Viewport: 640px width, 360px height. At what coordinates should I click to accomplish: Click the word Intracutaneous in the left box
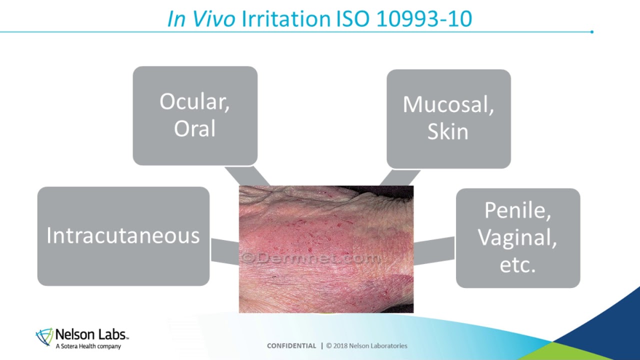123,235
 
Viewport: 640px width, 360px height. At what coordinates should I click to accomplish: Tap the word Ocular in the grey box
194,102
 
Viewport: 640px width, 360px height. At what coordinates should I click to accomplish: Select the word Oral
194,128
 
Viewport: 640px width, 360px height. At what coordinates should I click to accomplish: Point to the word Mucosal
447,104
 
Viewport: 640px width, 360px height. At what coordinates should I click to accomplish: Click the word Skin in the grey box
447,131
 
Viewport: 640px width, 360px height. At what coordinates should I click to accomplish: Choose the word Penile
517,211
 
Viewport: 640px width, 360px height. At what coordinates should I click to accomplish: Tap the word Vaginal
517,237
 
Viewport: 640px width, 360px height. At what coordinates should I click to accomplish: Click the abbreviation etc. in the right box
517,264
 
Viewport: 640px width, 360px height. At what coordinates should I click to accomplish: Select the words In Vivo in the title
201,19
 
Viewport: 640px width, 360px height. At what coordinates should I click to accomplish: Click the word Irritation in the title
286,19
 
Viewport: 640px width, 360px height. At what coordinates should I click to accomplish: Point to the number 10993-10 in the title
423,19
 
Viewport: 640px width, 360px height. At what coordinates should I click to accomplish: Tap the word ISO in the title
352,19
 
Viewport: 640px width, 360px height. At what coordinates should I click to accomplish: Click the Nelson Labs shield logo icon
44,336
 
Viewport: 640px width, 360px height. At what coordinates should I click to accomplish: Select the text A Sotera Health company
88,346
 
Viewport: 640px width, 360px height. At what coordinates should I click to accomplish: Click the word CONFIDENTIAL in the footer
291,345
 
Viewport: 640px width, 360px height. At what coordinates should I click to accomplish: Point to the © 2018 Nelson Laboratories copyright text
366,345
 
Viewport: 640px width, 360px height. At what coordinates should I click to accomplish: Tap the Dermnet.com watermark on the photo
311,258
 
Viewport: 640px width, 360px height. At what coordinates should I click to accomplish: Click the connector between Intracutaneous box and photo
224,250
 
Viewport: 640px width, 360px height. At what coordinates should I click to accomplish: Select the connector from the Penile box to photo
434,250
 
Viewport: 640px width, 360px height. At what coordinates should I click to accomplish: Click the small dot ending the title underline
592,32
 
